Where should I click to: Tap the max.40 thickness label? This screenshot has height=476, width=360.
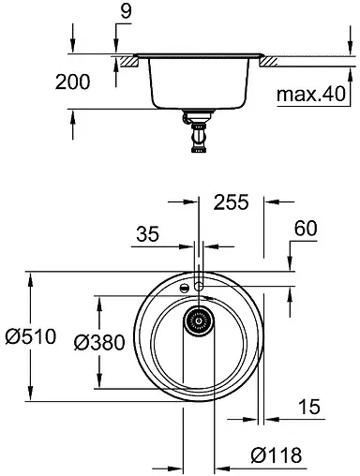tap(311, 95)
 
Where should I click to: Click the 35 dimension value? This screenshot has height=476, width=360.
tap(148, 234)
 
